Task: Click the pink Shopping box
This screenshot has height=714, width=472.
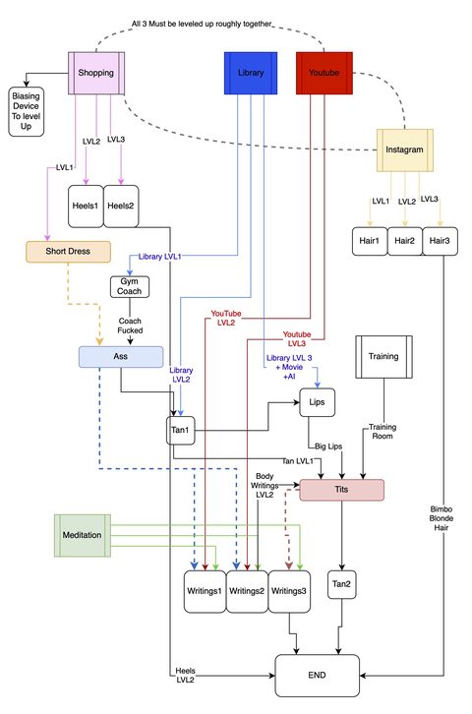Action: click(96, 73)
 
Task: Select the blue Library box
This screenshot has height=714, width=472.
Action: click(251, 73)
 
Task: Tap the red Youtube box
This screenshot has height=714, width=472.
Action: click(324, 73)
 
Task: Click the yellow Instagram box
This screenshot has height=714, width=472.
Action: click(404, 149)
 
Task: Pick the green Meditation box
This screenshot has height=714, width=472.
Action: click(83, 535)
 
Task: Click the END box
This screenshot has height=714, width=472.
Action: click(318, 676)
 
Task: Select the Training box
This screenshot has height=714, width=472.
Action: click(383, 357)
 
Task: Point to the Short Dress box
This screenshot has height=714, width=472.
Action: click(68, 252)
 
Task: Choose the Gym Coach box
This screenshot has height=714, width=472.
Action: click(129, 286)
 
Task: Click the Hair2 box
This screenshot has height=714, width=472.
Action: click(404, 241)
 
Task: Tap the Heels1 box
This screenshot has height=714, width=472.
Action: click(86, 206)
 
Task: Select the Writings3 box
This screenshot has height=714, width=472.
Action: click(289, 591)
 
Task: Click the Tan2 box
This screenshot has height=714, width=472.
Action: click(342, 584)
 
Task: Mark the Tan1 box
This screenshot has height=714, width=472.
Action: click(180, 430)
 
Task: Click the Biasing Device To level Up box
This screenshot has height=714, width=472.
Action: click(26, 111)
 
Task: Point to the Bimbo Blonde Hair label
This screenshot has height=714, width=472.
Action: click(442, 518)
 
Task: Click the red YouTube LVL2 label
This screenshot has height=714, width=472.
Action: click(226, 318)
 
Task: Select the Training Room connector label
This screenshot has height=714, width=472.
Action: click(383, 431)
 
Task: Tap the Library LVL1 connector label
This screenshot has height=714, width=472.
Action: click(159, 257)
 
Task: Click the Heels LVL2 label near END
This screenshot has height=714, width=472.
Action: click(185, 676)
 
